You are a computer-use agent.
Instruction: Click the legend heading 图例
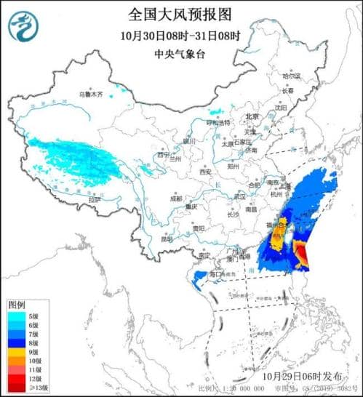18,304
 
